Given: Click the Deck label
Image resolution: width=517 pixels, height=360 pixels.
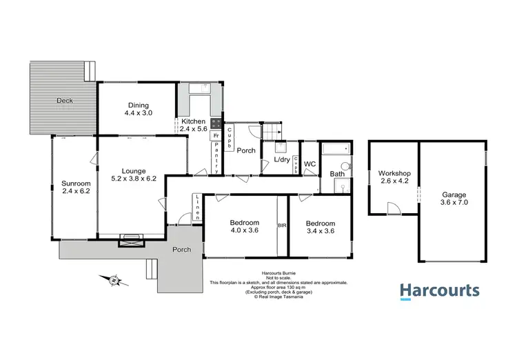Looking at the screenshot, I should [x=65, y=101].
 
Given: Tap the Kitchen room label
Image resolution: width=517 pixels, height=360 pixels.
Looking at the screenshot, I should [x=193, y=121].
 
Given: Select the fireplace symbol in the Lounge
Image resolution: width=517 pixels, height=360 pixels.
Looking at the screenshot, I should [x=132, y=240].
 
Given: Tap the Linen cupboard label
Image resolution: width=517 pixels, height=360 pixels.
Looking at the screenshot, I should [x=197, y=207].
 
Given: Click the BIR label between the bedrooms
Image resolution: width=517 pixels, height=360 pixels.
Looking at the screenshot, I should [x=281, y=224].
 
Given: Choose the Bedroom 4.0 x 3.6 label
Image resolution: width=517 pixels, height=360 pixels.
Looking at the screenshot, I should [x=245, y=227].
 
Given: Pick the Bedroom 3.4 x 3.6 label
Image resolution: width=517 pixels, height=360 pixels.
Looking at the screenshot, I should [x=321, y=228].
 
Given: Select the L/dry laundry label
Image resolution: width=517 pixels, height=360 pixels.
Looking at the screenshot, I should [x=281, y=160].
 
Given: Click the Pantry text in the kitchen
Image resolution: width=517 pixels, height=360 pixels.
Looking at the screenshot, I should [x=216, y=157].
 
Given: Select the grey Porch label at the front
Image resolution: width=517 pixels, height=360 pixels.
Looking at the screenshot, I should [x=182, y=249].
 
